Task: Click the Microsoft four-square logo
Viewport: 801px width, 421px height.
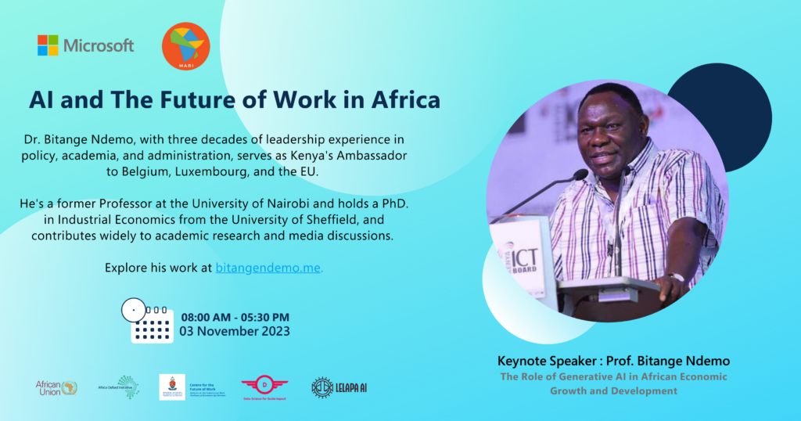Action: (48, 45)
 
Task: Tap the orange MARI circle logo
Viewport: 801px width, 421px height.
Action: (185, 46)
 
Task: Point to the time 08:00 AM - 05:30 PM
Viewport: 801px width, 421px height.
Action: (235, 317)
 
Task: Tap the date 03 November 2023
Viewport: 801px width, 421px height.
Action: (235, 331)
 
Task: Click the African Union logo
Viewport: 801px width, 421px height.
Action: (56, 387)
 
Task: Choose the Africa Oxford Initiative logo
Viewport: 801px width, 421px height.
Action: (118, 387)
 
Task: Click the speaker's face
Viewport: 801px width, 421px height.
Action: (609, 141)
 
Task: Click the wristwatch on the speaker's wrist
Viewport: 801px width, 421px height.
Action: (675, 278)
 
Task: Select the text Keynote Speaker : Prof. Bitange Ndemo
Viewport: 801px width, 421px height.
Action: (612, 362)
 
